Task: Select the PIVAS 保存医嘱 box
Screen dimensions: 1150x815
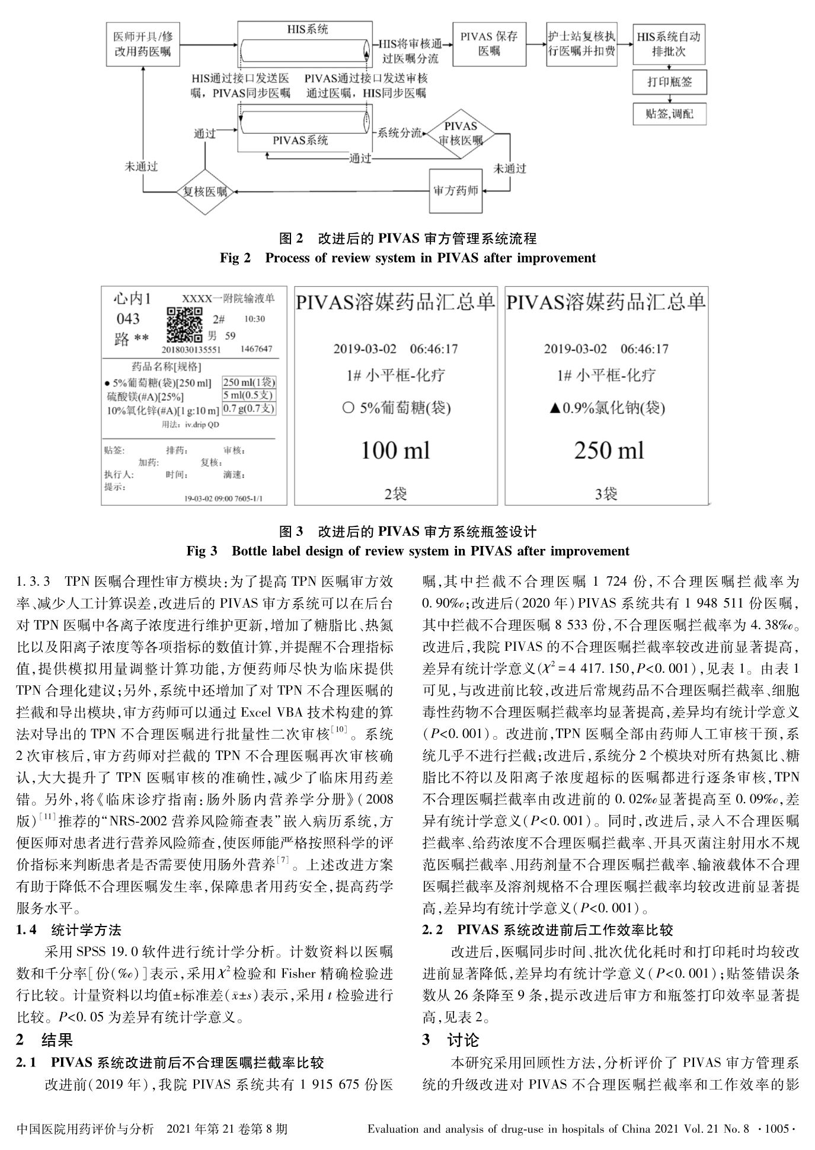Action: (489, 44)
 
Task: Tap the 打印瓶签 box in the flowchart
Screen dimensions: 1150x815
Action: (669, 82)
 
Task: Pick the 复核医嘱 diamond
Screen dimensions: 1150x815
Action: (205, 192)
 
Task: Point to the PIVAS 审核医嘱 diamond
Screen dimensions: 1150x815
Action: (461, 134)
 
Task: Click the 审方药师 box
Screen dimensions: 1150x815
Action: (456, 191)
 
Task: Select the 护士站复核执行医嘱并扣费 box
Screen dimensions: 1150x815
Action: (581, 44)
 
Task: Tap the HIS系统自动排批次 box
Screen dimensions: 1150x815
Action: (669, 44)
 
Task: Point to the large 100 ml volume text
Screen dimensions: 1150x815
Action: (395, 451)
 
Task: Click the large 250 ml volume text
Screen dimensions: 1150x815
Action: (609, 451)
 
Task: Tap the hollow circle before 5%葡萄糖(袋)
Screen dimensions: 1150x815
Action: (349, 408)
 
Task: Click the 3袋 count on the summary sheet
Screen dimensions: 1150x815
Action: (606, 493)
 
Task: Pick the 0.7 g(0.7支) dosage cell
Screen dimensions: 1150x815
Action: (249, 408)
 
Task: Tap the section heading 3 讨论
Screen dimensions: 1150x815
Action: (450, 1040)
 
